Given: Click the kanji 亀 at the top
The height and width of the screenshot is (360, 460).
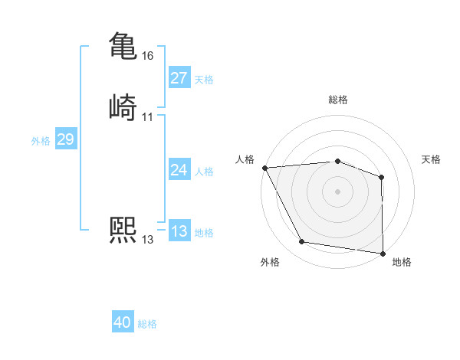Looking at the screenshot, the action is [x=123, y=46].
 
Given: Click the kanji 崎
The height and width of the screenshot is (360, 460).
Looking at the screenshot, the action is [x=123, y=106].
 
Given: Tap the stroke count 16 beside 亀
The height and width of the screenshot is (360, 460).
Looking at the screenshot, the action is [x=148, y=56].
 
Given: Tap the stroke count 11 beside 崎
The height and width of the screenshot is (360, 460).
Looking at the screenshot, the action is [x=148, y=116].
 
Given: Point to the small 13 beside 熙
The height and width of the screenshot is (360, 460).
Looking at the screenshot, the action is [x=148, y=240].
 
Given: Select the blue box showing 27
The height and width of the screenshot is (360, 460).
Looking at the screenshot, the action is [x=179, y=78].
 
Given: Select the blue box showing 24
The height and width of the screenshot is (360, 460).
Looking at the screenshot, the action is [x=179, y=170].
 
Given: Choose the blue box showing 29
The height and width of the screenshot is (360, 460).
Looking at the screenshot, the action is [x=65, y=139].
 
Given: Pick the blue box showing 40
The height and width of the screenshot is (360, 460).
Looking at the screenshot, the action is [x=123, y=322].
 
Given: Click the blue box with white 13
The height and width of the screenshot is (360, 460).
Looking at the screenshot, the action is [x=179, y=231].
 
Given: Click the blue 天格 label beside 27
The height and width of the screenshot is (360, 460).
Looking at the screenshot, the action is [x=204, y=80].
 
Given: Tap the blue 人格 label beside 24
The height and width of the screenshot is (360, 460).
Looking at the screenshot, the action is [x=204, y=172].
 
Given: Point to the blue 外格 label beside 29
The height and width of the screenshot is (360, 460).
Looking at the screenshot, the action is [x=41, y=141].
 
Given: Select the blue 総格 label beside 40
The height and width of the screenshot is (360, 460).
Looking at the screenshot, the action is [x=147, y=324].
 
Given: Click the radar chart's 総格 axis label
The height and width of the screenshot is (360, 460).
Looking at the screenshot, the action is [x=338, y=100].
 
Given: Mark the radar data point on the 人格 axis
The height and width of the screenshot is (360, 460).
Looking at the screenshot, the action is [x=264, y=168].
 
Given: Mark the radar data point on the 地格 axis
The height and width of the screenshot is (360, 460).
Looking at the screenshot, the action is [x=383, y=253].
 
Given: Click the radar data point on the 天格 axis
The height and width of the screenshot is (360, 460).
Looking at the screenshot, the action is [x=382, y=177].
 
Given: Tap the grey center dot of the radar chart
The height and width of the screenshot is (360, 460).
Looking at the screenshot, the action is [x=337, y=191].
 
